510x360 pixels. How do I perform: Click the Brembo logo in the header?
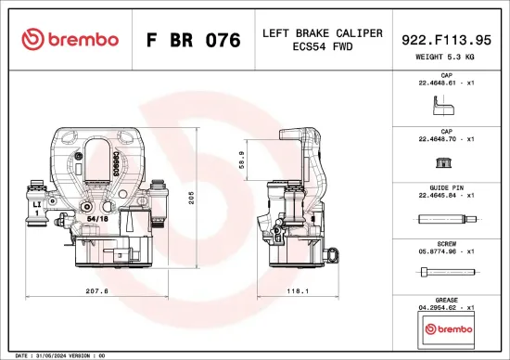coord(70,40)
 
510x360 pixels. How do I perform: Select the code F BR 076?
coord(193,41)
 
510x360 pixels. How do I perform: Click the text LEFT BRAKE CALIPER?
coord(322,33)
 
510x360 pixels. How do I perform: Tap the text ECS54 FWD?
coord(322,48)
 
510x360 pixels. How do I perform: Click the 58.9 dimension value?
coord(241,160)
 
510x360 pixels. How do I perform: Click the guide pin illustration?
coord(446,220)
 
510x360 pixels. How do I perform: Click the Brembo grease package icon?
coord(446,328)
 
